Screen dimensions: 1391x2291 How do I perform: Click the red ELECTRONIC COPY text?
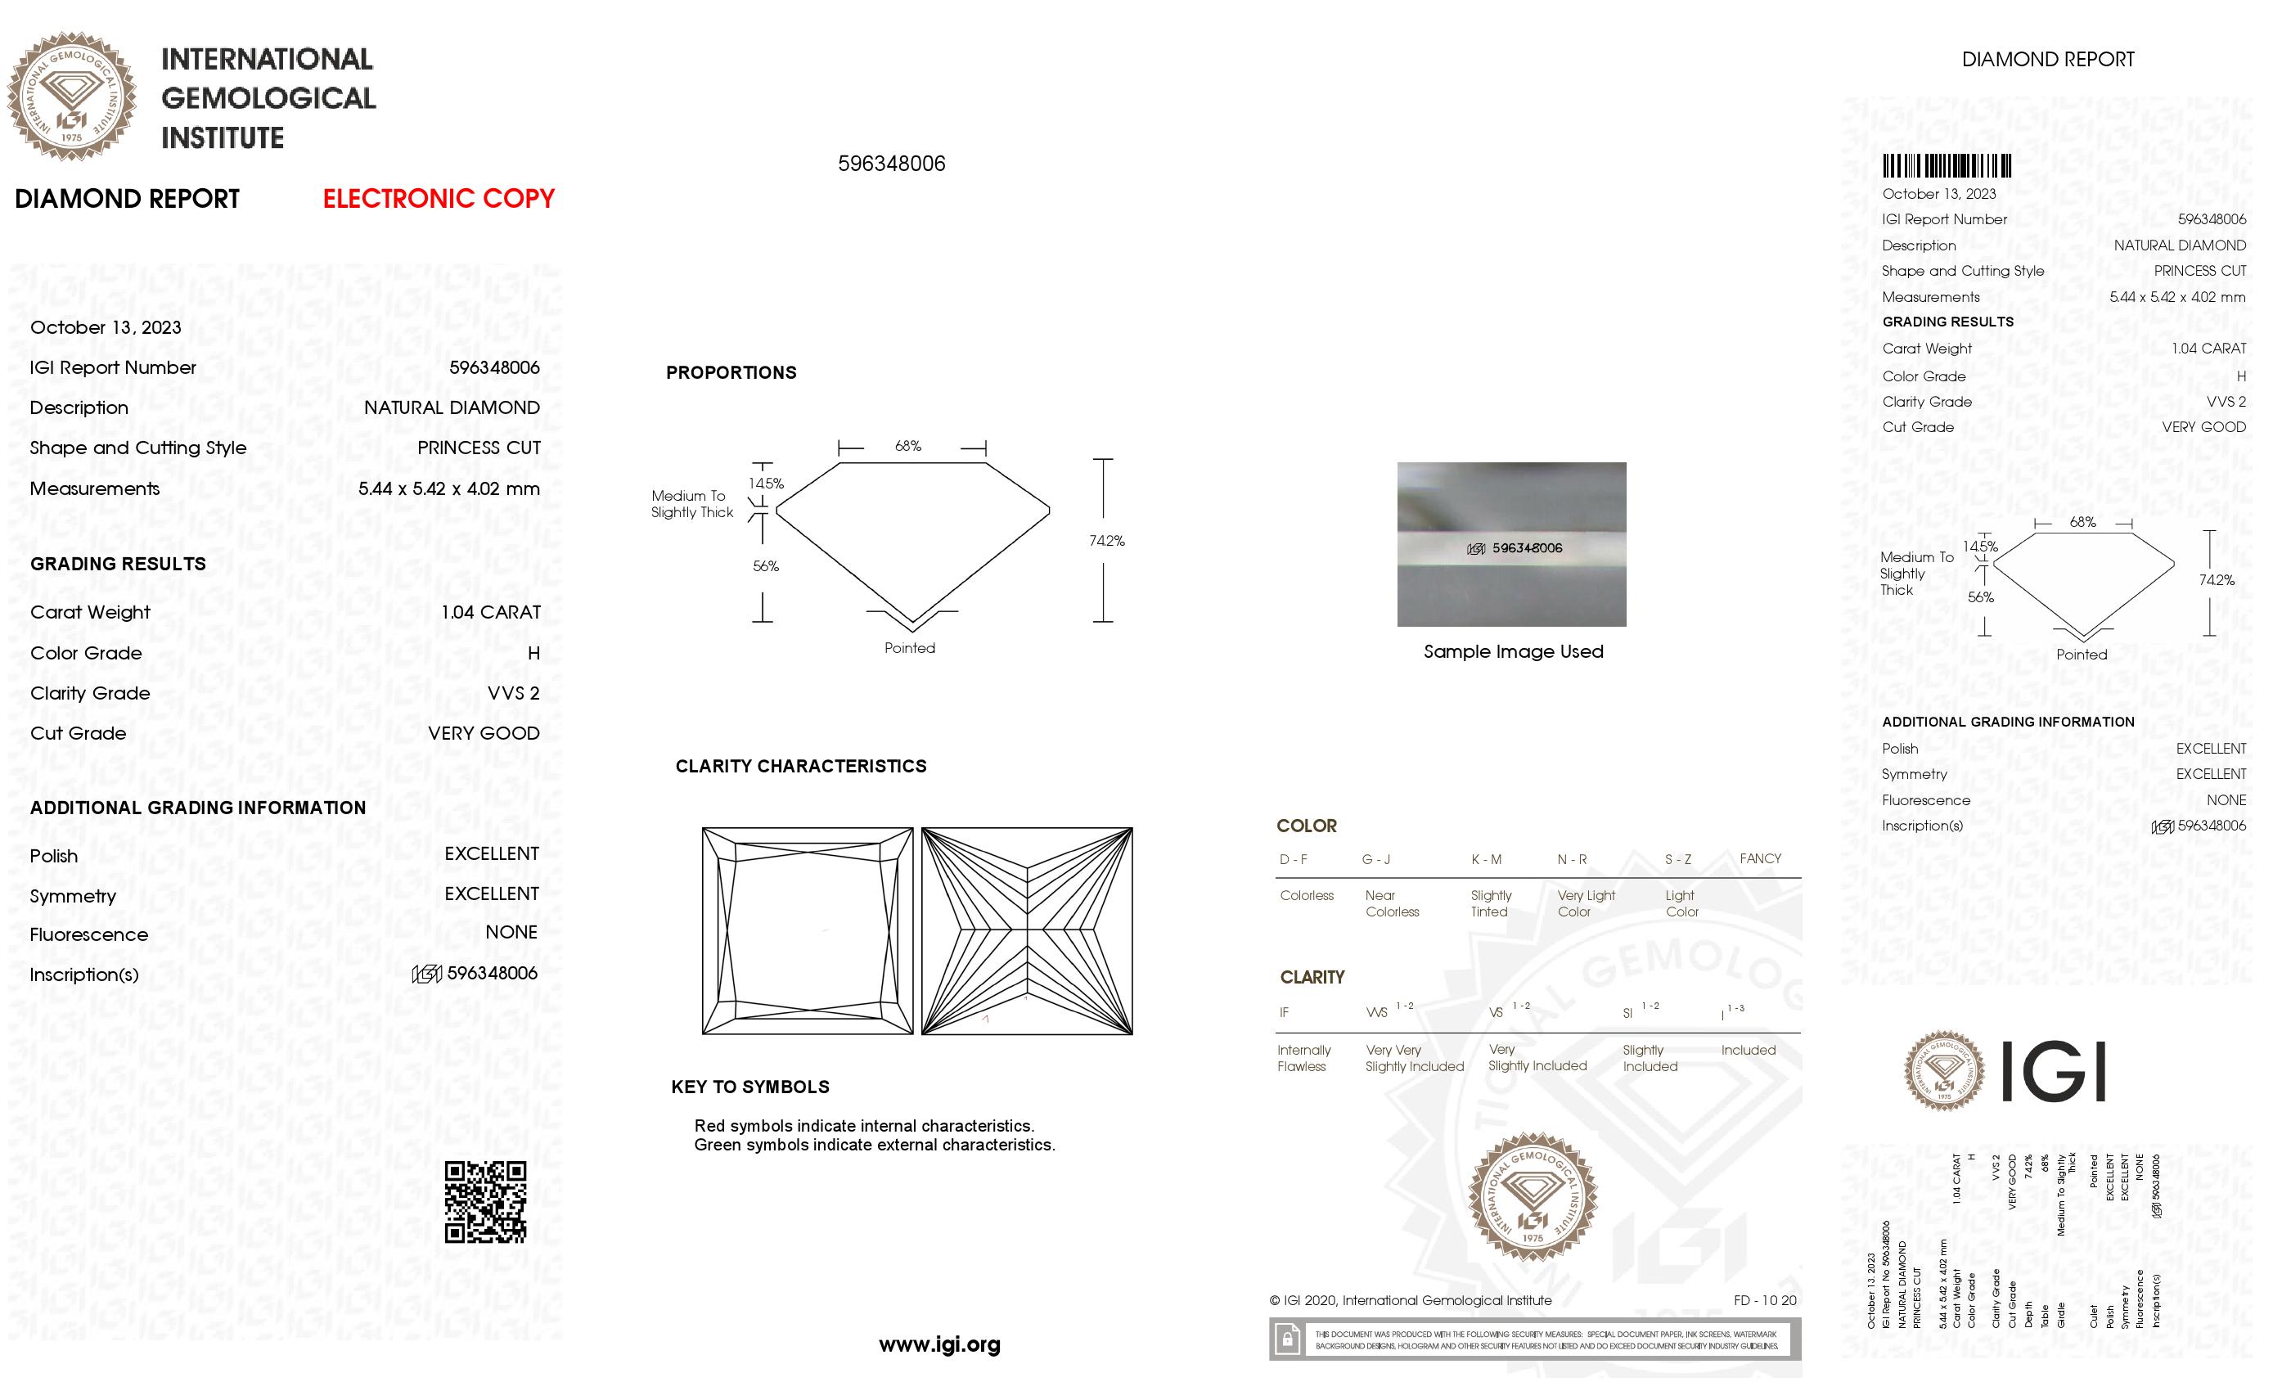coord(438,199)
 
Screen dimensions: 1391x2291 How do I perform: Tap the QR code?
coord(485,1201)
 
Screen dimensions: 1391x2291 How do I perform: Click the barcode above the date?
coord(1946,166)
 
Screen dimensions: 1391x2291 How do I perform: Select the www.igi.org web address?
coord(939,1344)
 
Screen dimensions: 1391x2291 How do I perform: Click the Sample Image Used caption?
coord(1513,652)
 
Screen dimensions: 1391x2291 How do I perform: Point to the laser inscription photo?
coord(1511,544)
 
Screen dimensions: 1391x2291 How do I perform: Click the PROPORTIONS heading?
coord(731,373)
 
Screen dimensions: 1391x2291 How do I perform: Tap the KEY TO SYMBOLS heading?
coord(749,1087)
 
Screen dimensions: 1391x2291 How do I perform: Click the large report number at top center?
coord(891,164)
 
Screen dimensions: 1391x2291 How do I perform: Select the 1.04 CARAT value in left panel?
coord(490,613)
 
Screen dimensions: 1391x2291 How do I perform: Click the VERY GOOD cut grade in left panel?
coord(483,734)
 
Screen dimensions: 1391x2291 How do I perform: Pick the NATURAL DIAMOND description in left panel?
coord(451,408)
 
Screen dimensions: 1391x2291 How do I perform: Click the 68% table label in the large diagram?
coord(907,446)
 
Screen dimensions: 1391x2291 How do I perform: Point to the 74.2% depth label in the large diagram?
coord(1106,541)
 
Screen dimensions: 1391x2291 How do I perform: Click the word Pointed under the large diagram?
coord(909,648)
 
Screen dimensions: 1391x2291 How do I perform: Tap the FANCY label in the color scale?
coord(1759,859)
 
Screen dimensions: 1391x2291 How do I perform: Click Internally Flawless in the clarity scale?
coord(1303,1058)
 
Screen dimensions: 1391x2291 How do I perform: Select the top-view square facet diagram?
coord(807,931)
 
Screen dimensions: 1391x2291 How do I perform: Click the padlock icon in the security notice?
coord(1287,1340)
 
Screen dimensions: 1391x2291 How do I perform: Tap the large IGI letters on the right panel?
coord(2052,1072)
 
